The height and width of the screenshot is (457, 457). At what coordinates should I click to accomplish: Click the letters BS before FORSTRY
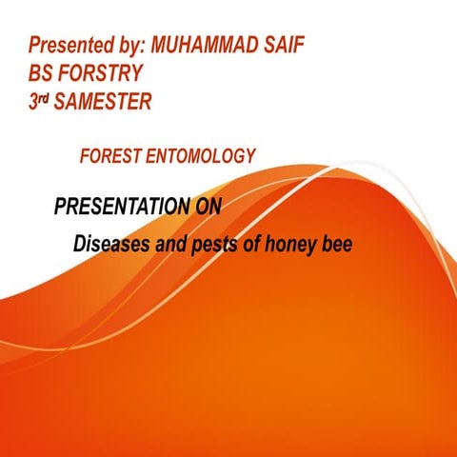(x=40, y=72)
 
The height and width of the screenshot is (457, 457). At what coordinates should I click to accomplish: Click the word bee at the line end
(x=338, y=246)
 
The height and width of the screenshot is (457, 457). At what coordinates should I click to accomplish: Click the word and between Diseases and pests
(x=169, y=246)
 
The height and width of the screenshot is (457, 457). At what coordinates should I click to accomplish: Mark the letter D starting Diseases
(x=80, y=246)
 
